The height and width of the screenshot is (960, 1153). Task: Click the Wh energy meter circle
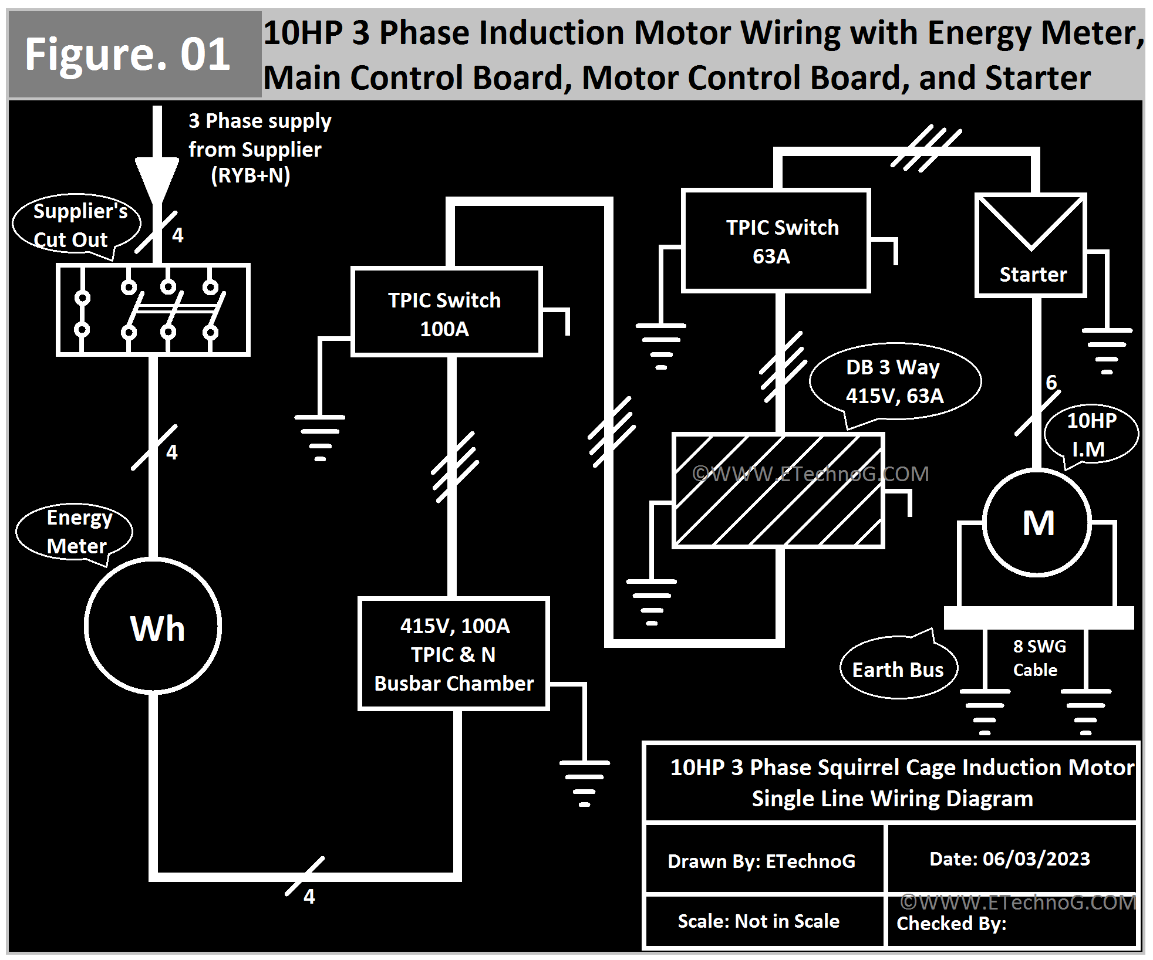point(153,626)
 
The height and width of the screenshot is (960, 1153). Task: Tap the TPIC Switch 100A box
point(446,312)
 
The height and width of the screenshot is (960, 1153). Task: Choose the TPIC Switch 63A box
point(776,241)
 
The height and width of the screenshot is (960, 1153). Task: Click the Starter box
point(1031,245)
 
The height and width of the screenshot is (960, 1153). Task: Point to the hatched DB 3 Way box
point(778,491)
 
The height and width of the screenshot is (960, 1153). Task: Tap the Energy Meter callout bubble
point(75,532)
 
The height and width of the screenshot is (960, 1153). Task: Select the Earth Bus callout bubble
point(898,669)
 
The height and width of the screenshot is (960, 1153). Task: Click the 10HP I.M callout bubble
point(1091,435)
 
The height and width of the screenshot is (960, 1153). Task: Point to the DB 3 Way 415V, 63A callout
point(894,381)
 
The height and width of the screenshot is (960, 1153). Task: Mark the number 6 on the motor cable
point(1051,383)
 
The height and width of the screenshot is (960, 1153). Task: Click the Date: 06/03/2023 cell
point(1010,859)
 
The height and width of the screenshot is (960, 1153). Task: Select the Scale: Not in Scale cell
point(759,921)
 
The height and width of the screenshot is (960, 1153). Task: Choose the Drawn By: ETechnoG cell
point(761,861)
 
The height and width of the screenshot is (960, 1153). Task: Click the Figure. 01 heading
point(128,55)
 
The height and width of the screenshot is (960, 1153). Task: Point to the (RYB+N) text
point(251,175)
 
